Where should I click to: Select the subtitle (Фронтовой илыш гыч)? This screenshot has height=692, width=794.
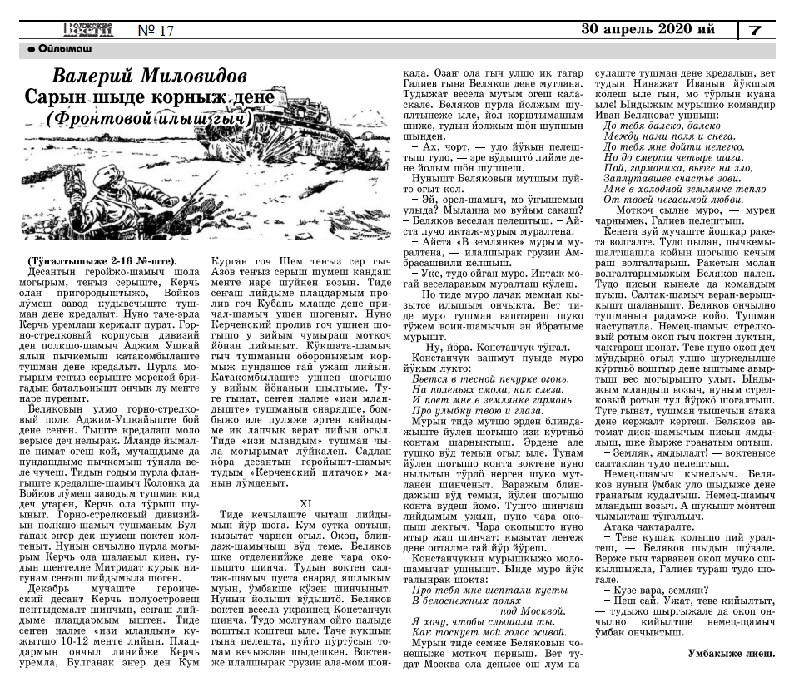click(x=150, y=119)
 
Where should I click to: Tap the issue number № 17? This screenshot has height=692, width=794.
click(x=156, y=31)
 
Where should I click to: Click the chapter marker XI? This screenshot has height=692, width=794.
click(x=305, y=503)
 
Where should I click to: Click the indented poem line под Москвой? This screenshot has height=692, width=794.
click(x=518, y=611)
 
